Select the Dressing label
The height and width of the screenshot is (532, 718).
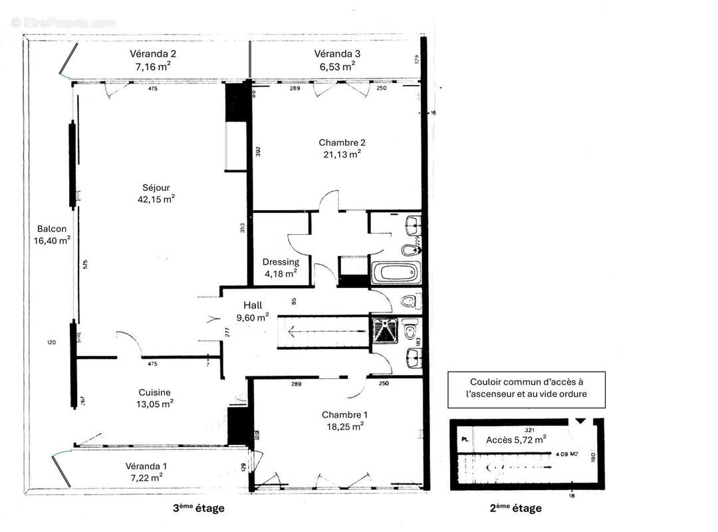[x=281, y=261]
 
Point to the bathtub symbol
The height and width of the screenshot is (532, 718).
[x=396, y=273]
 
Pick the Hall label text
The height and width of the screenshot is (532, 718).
[x=253, y=305]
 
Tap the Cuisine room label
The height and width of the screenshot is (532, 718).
[x=154, y=392]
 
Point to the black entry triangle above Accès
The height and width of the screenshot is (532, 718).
[x=580, y=421]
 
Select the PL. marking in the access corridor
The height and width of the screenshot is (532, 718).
[x=465, y=440]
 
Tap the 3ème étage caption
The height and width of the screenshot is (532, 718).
[x=199, y=509]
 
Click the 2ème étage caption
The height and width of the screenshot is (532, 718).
[x=516, y=509]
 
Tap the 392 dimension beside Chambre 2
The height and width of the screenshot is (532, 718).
[x=259, y=152]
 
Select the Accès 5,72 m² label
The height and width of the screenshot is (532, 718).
[x=516, y=439]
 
